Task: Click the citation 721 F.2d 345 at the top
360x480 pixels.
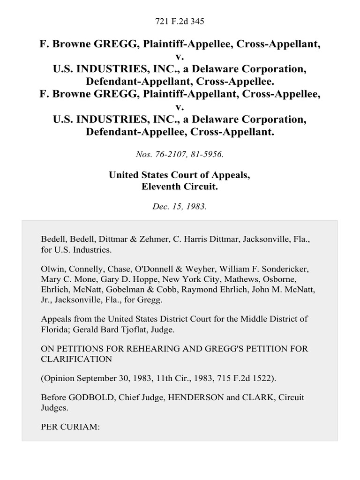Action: click(180, 21)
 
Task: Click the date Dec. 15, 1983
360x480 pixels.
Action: click(180, 206)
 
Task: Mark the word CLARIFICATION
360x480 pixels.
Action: click(76, 360)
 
